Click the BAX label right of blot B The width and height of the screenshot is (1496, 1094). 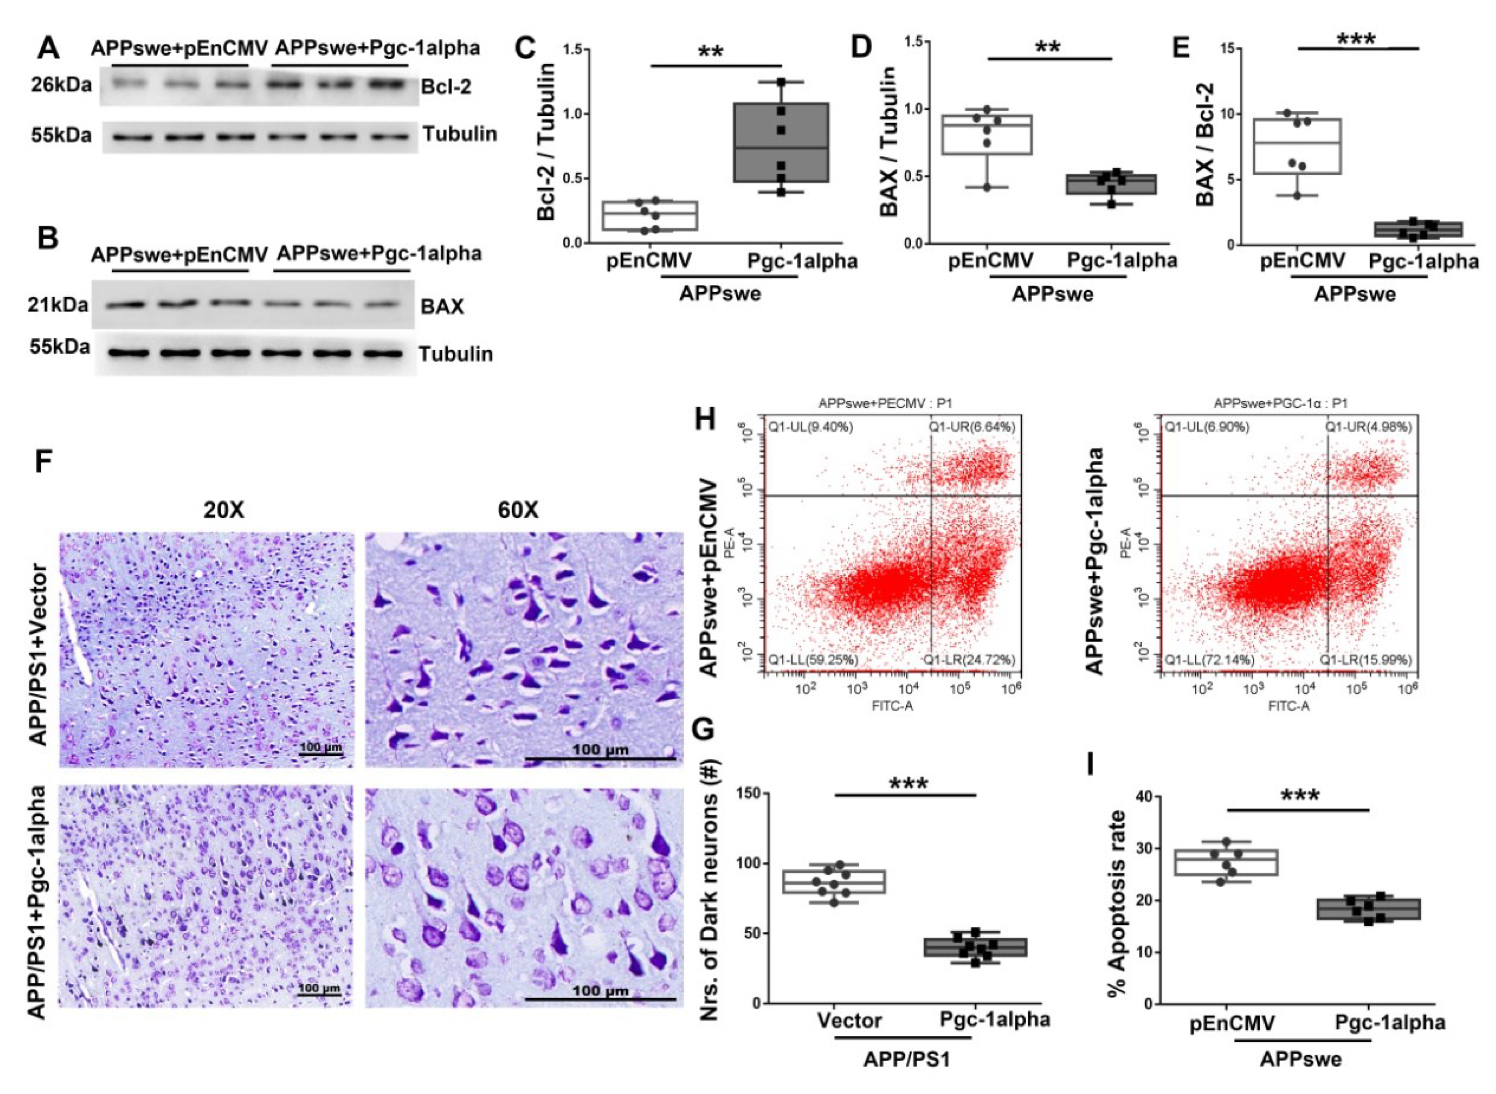coord(442,307)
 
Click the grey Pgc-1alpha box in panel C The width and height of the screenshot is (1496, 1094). coord(780,142)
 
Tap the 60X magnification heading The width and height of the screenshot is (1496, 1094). coord(519,510)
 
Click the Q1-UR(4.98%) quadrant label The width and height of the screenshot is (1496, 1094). coord(1368,427)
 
